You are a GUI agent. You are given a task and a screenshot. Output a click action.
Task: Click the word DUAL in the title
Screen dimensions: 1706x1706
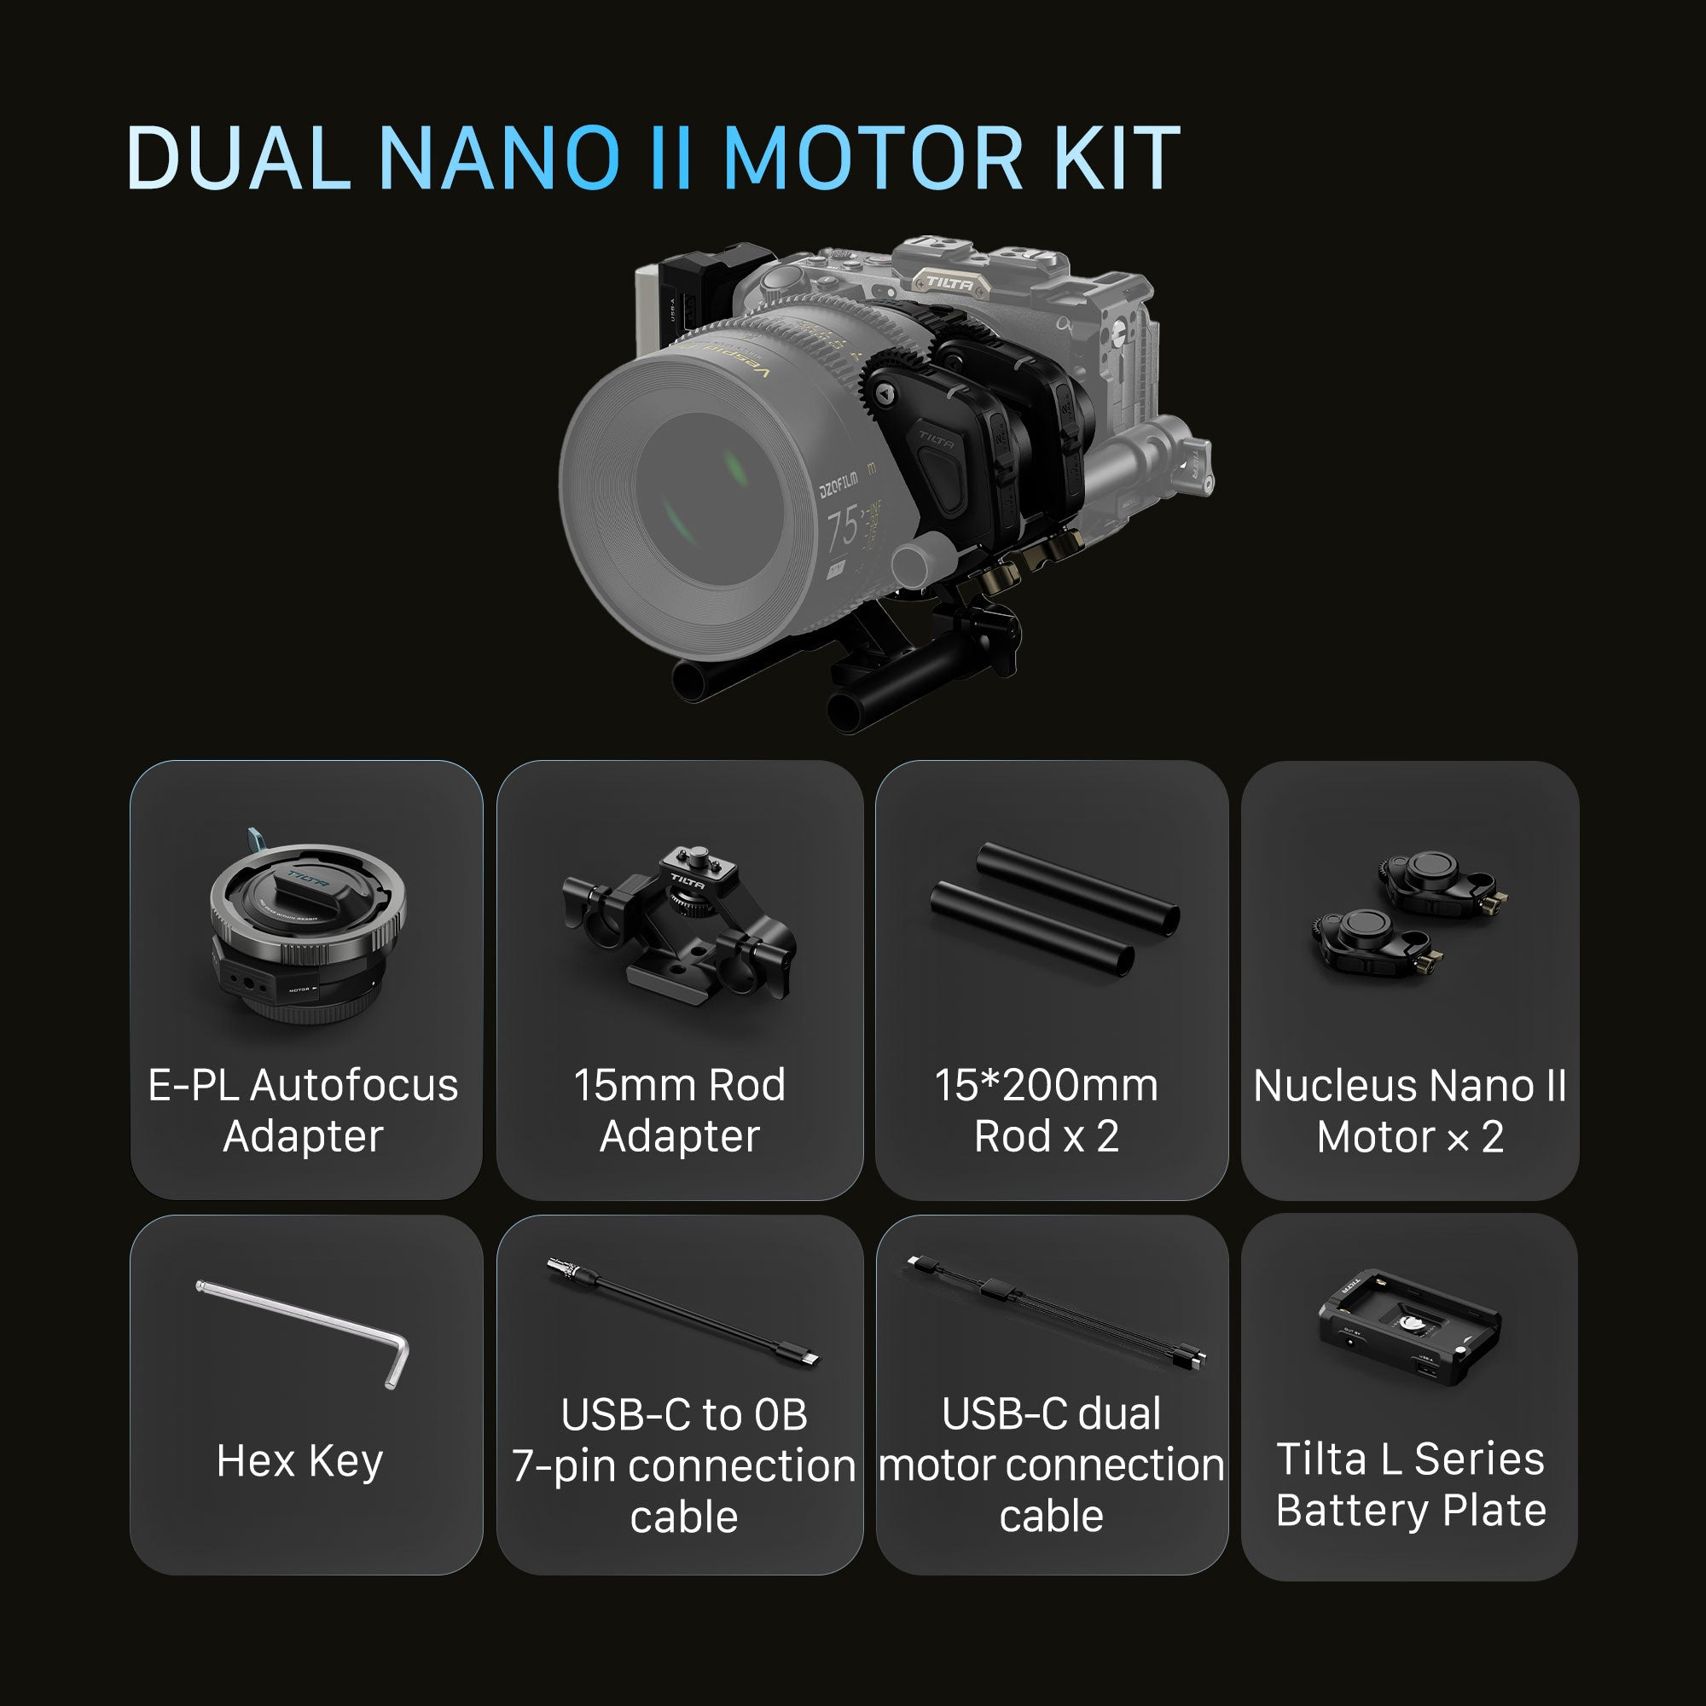pos(240,158)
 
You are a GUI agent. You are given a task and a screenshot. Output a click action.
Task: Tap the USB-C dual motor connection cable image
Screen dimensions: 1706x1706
pos(1054,1311)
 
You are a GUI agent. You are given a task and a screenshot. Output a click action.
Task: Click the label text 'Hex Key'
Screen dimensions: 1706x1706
pos(300,1461)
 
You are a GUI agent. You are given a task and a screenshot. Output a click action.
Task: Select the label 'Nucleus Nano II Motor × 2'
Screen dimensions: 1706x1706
pos(1409,1111)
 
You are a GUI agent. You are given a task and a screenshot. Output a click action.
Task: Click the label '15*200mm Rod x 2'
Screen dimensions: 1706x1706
pos(1047,1111)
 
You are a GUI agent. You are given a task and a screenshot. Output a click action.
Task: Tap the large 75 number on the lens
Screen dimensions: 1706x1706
pos(842,526)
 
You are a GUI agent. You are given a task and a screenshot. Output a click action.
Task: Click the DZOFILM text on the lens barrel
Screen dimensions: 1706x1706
pos(838,485)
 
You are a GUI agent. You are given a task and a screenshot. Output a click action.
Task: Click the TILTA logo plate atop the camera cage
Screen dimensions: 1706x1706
pos(949,282)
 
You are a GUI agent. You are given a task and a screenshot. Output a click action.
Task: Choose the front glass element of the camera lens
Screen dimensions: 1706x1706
pos(706,500)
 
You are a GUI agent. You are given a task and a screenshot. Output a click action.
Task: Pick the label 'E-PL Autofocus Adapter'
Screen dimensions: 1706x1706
pos(303,1111)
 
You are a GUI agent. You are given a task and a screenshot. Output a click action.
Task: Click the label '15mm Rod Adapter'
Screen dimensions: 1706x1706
pos(679,1111)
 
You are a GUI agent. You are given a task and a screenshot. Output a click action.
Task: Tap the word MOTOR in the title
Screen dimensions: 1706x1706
pos(871,158)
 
